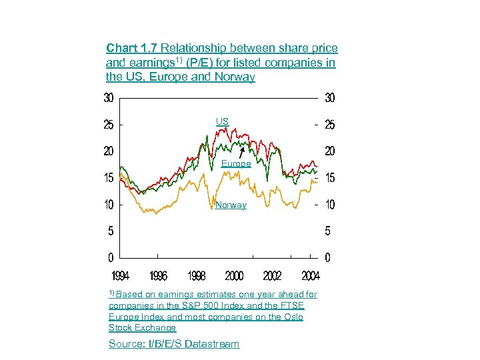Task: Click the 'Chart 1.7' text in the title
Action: point(132,48)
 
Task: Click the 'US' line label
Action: point(222,121)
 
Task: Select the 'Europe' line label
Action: point(236,163)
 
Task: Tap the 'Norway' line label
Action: point(231,205)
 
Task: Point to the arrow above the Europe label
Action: point(241,153)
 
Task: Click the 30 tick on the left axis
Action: point(108,98)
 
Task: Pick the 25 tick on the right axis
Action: point(329,125)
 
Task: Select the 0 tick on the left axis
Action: point(110,257)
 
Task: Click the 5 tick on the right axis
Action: point(327,231)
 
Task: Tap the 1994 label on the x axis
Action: point(120,276)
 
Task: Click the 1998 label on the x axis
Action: point(196,276)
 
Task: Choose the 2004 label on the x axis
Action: point(310,276)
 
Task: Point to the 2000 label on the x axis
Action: point(234,276)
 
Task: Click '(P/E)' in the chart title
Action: point(200,63)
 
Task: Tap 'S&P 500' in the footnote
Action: point(211,305)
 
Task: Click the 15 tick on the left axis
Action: point(108,178)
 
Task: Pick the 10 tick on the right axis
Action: point(329,205)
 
